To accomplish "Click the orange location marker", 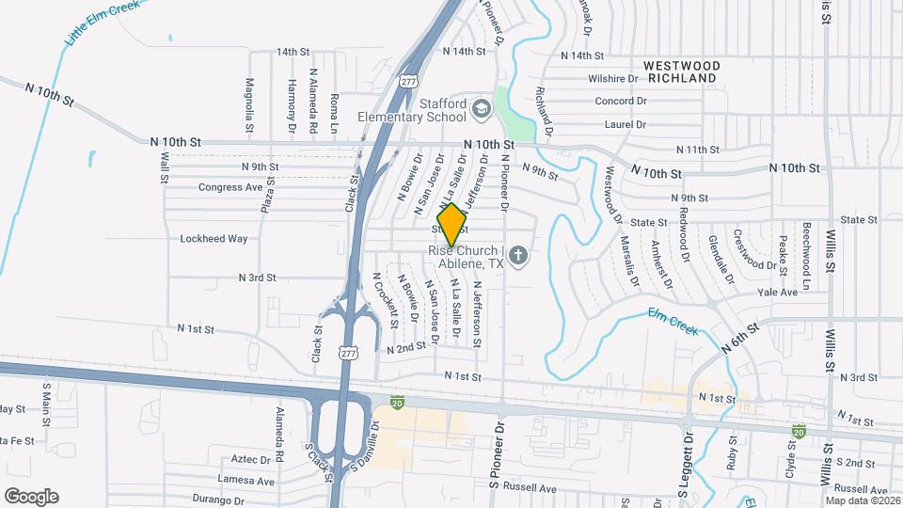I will pos(451,224).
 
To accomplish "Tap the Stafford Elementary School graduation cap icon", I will pos(482,110).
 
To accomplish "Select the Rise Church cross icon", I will pos(516,254).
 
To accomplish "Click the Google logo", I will pos(31,496).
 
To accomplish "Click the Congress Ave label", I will pos(230,187).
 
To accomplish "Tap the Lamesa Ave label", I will pos(247,481).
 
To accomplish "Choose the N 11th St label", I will pos(697,150).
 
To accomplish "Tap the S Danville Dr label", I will pos(365,445).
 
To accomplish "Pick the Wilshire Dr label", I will pos(612,78).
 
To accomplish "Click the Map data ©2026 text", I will pos(861,500).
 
